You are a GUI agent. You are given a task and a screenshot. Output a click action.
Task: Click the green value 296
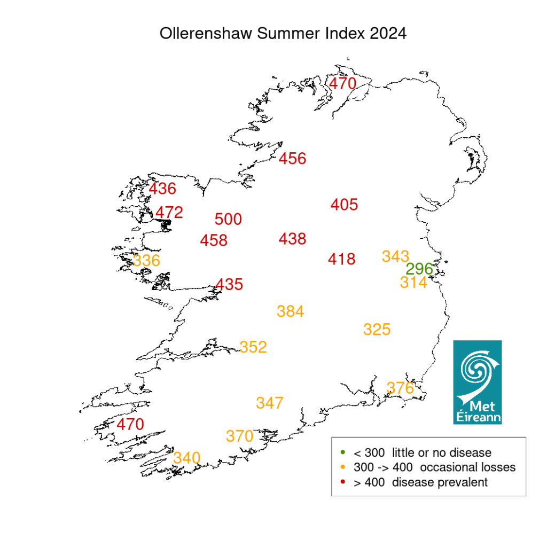pyautogui.click(x=419, y=269)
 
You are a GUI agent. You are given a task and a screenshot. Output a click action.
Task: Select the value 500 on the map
pyautogui.click(x=228, y=219)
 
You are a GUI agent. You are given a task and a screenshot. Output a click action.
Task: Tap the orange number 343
pyautogui.click(x=395, y=256)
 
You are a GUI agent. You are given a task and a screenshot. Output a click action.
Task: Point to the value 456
pyautogui.click(x=293, y=159)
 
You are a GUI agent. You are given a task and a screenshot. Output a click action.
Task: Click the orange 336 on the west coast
pyautogui.click(x=146, y=261)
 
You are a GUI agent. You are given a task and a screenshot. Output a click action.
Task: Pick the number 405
pyautogui.click(x=344, y=205)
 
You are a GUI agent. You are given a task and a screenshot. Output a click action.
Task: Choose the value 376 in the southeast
pyautogui.click(x=400, y=388)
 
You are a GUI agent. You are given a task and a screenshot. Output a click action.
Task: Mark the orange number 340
pyautogui.click(x=187, y=458)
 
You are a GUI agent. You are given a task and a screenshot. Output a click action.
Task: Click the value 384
pyautogui.click(x=291, y=311)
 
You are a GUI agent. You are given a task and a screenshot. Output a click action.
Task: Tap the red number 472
pyautogui.click(x=169, y=213)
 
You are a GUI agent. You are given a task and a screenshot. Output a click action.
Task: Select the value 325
pyautogui.click(x=377, y=329)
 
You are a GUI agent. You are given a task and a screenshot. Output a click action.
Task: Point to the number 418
pyautogui.click(x=342, y=259)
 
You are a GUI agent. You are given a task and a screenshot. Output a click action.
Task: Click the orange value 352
pyautogui.click(x=253, y=347)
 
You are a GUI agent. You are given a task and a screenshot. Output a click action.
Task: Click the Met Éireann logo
pyautogui.click(x=477, y=382)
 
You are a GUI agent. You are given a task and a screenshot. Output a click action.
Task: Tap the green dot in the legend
pyautogui.click(x=342, y=452)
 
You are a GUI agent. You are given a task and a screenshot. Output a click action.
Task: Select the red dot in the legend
pyautogui.click(x=342, y=482)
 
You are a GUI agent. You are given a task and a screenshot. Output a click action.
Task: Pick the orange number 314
pyautogui.click(x=413, y=283)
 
